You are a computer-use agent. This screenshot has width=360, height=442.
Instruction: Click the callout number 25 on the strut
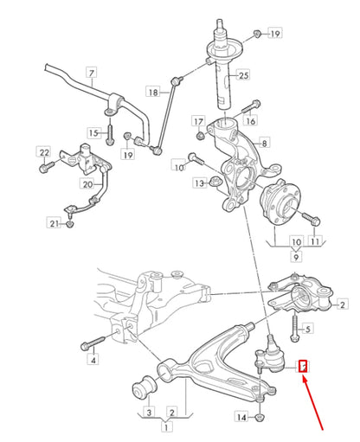tap(242, 77)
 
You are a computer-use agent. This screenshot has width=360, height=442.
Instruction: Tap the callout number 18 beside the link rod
tap(153, 91)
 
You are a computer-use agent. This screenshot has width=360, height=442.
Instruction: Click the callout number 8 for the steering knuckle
tap(264, 142)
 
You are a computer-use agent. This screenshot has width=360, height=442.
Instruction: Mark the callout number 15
tap(93, 131)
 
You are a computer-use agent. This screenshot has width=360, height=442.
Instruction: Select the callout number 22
tap(43, 153)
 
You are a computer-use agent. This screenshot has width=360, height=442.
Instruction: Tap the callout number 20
tap(87, 183)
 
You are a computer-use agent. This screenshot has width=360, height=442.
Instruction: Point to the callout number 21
tap(55, 225)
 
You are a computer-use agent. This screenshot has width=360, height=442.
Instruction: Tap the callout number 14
tap(243, 418)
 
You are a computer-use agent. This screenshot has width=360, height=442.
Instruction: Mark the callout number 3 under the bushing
tap(147, 411)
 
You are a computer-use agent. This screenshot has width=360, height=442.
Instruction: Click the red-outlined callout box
tap(304, 367)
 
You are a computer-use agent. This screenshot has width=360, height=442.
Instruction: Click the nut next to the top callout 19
tap(257, 33)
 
